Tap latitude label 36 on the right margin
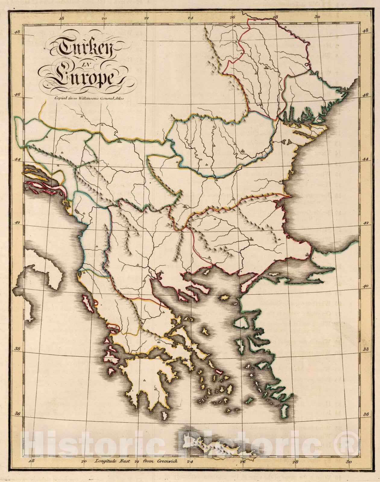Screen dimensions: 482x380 [366, 415]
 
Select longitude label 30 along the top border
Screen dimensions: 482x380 [317, 17]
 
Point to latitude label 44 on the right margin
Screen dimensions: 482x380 [366, 159]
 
